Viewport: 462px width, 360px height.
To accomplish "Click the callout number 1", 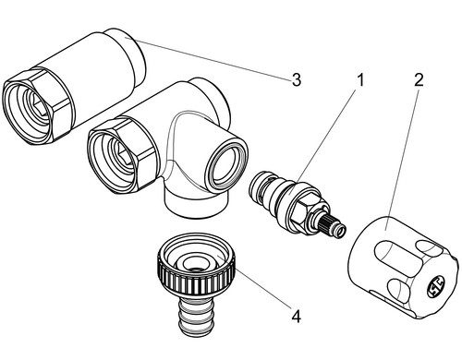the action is pos(359,80).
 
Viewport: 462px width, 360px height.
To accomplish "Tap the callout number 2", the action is pos(419,79).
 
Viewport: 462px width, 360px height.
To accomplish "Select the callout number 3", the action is pos(296,79).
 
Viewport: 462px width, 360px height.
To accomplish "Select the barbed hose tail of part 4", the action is pos(191,316).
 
